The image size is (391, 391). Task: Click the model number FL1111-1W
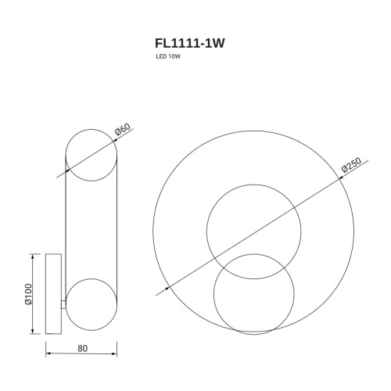189,45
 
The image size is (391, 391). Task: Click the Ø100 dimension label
30,293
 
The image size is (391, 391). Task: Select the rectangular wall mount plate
55,293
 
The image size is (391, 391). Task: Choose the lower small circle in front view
254,294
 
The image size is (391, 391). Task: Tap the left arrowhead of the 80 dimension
48,350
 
